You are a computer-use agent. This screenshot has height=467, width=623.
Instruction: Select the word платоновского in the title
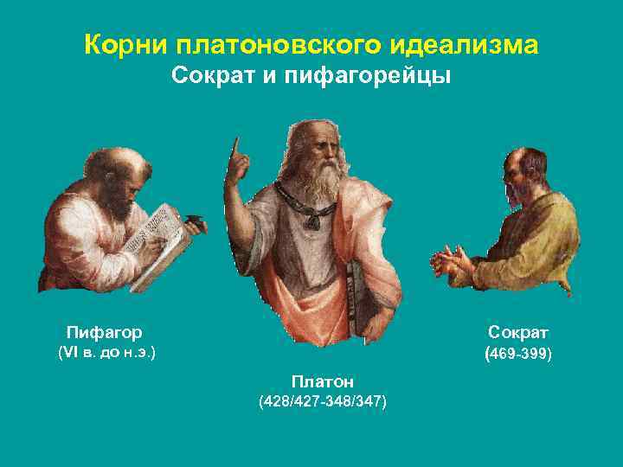[x=264, y=44]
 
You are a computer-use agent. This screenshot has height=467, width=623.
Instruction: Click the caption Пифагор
[x=106, y=331]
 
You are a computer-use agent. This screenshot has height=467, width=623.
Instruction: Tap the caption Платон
[x=323, y=381]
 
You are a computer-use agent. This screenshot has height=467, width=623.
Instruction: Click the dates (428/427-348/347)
[x=323, y=402]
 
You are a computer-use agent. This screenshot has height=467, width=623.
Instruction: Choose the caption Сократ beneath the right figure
[x=518, y=332]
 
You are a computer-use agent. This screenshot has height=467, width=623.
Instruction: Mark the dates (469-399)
[x=518, y=354]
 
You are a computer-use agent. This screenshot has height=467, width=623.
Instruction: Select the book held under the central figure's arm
[x=356, y=298]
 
